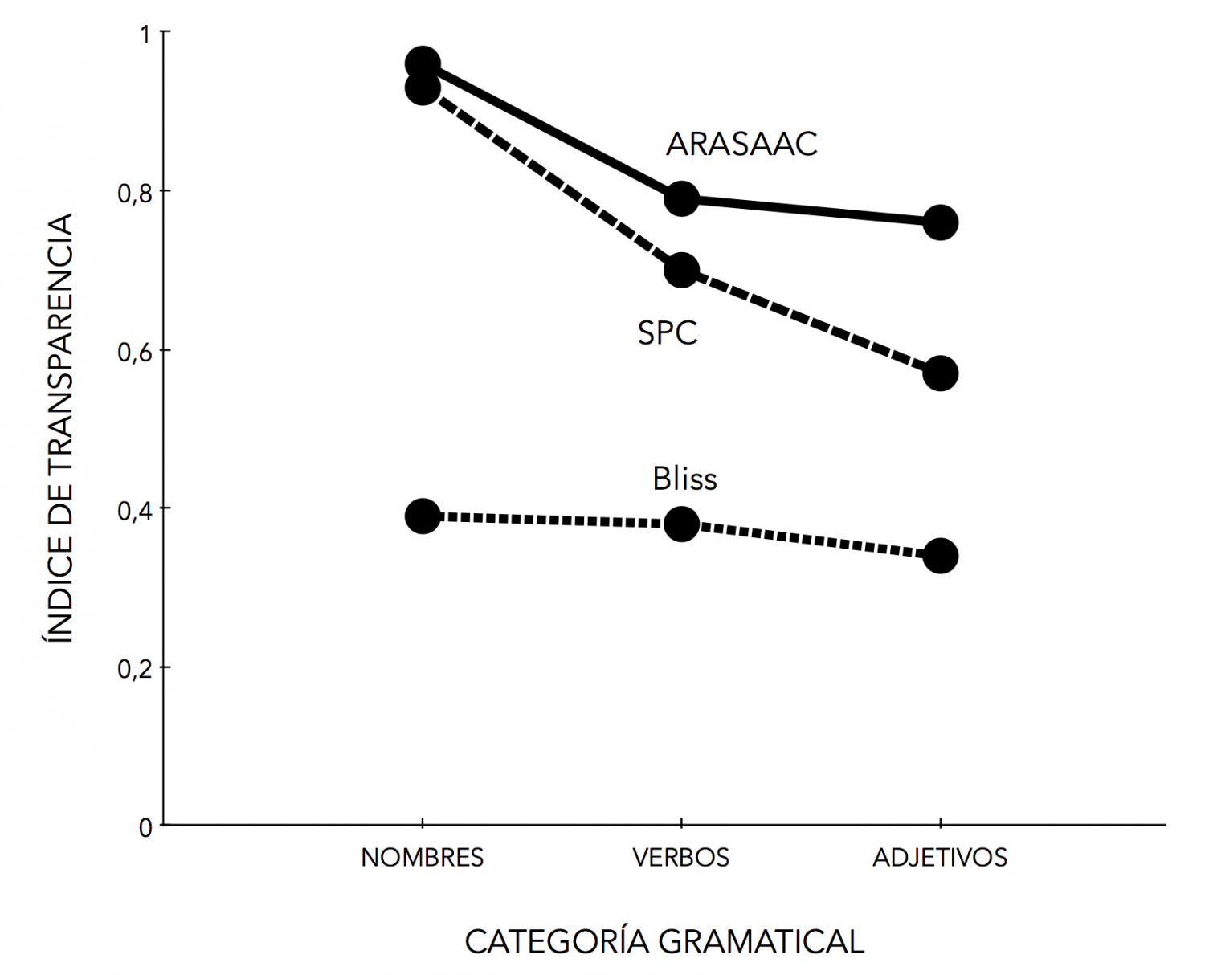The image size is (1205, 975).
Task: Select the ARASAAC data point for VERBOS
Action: coord(681,198)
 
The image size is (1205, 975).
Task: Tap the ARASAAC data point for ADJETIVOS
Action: coord(940,222)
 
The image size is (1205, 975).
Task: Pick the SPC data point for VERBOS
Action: coord(681,271)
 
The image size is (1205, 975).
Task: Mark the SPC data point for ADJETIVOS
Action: coord(940,373)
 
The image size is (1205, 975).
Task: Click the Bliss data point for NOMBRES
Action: coord(423,516)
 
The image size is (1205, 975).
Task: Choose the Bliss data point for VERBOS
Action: coord(681,524)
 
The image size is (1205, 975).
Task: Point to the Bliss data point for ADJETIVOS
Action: coord(940,556)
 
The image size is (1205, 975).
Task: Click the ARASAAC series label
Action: coord(741,145)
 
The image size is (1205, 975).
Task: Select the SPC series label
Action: coord(668,332)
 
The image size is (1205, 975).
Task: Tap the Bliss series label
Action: coord(684,479)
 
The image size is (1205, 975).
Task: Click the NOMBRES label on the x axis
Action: coord(423,858)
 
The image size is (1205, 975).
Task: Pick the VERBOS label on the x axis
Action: coord(681,858)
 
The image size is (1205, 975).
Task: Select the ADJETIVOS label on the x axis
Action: coord(940,858)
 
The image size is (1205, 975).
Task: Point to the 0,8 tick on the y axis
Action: coord(135,193)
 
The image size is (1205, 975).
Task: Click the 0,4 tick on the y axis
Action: coord(135,510)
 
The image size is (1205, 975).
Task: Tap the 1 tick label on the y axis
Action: coord(145,35)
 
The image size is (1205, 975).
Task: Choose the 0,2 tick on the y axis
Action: coord(135,668)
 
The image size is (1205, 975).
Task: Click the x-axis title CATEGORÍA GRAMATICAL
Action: coord(664,941)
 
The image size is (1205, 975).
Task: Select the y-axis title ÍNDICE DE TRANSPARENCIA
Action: coord(57,427)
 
